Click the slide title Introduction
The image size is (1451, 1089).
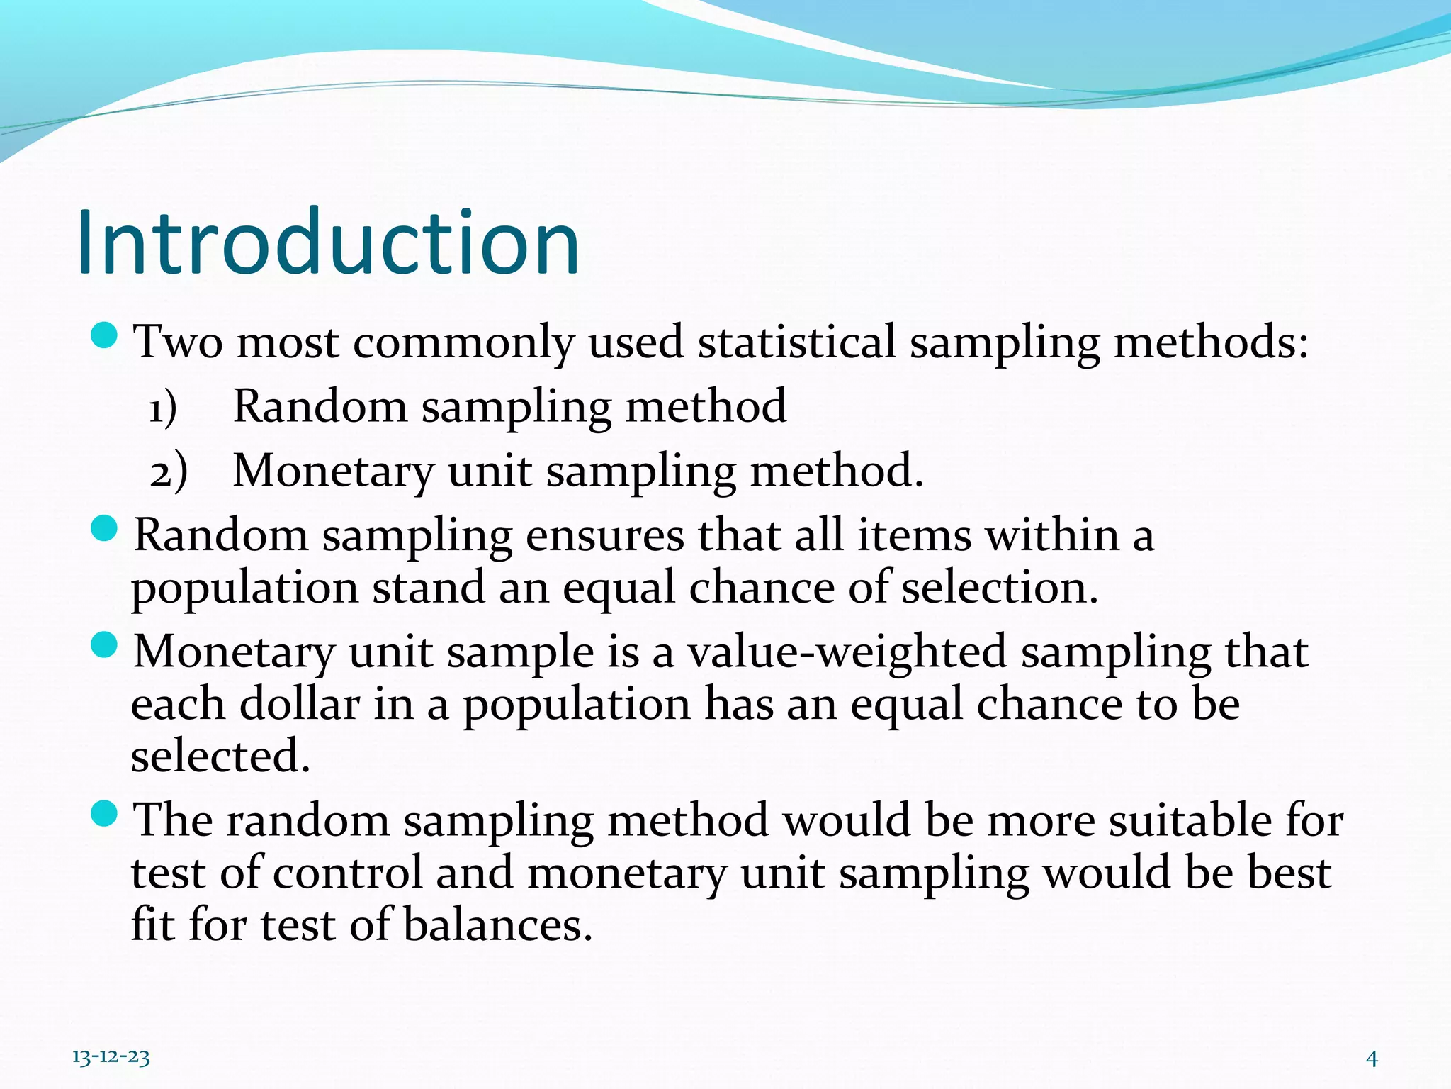[x=328, y=242]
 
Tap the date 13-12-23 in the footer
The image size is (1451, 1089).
[x=111, y=1058]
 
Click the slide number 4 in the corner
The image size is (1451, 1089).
[x=1372, y=1059]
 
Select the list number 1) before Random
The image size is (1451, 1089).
[x=162, y=409]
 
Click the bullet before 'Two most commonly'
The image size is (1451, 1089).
[x=104, y=335]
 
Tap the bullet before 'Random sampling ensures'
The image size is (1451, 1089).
[x=104, y=528]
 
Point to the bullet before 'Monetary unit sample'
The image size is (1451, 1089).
[x=104, y=645]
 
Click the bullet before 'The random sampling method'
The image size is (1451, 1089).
[x=104, y=814]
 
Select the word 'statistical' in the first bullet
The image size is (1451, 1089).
[x=796, y=342]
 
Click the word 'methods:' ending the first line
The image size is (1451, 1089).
[x=1211, y=342]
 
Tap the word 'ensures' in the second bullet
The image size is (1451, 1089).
[x=605, y=535]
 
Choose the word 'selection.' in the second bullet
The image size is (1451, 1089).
[x=1000, y=588]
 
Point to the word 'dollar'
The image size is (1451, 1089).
[x=300, y=705]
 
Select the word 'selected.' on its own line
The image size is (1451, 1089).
[x=220, y=756]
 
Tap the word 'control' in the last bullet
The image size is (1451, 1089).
[x=347, y=873]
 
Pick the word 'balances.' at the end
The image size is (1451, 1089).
[x=497, y=926]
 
